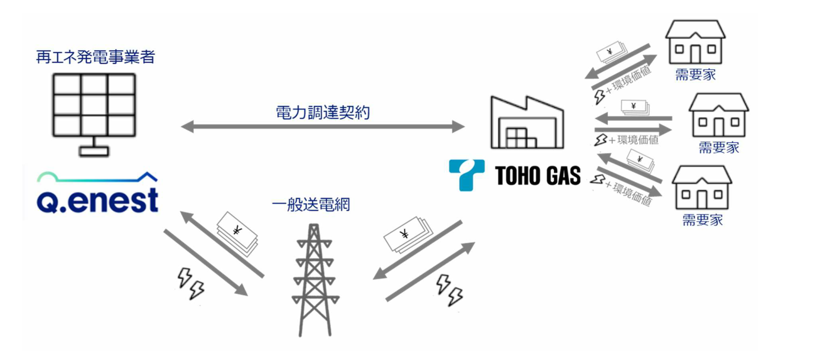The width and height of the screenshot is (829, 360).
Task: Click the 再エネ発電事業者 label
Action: coord(95,57)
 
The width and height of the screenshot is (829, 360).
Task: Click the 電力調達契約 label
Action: coord(322,113)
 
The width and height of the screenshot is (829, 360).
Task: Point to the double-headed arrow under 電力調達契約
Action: coord(322,127)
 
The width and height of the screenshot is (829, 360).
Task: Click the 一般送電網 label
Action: coord(311,205)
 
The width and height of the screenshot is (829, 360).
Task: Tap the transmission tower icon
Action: coord(315,280)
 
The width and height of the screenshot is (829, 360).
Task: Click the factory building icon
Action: coord(526,123)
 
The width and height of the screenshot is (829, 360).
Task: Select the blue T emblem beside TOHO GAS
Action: coord(466,174)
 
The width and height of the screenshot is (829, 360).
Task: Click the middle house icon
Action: coord(719,116)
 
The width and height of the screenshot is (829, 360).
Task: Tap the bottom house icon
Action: coord(702,188)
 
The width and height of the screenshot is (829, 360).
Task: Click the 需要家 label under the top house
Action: coord(695,75)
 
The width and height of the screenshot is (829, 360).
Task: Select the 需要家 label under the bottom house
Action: coord(702,220)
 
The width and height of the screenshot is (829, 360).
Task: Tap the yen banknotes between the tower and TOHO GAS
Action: coord(407,234)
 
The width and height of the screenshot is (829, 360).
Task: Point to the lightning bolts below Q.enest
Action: coord(191,284)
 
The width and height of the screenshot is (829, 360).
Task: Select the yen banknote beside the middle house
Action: coord(635,107)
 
